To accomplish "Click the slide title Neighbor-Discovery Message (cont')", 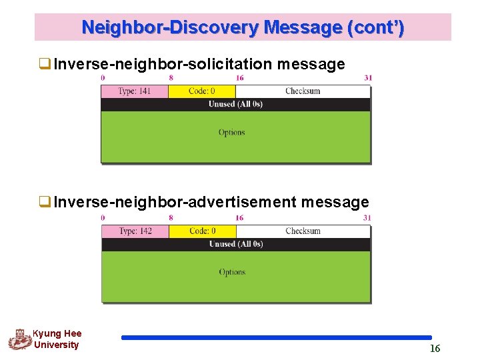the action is [243, 28].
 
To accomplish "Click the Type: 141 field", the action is [135, 91].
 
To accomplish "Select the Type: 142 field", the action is [135, 231].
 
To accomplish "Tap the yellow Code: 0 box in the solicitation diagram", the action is [202, 91].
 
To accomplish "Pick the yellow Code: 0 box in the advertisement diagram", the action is [203, 231].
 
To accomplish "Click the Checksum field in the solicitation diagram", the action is [303, 91].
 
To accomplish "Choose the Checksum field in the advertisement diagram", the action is [303, 231].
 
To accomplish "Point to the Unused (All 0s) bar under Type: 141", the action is [235, 104].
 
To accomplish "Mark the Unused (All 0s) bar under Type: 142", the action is [236, 244].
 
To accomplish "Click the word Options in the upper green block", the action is [231, 133].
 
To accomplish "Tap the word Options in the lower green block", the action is [232, 272].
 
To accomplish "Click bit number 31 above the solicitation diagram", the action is [368, 78].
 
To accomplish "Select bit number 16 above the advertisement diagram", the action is [239, 218].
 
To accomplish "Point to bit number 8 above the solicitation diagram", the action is [171, 78].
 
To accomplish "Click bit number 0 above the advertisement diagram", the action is [103, 218].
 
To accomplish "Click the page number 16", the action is [435, 349].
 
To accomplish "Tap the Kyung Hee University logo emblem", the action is [20, 339].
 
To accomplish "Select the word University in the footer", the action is [56, 345].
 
